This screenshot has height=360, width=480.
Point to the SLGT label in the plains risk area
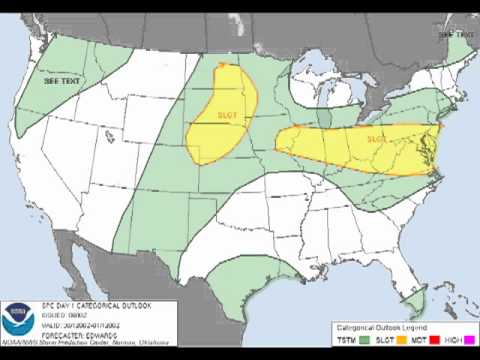tap(228, 115)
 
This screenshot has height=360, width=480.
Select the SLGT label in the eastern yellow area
tap(376, 139)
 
